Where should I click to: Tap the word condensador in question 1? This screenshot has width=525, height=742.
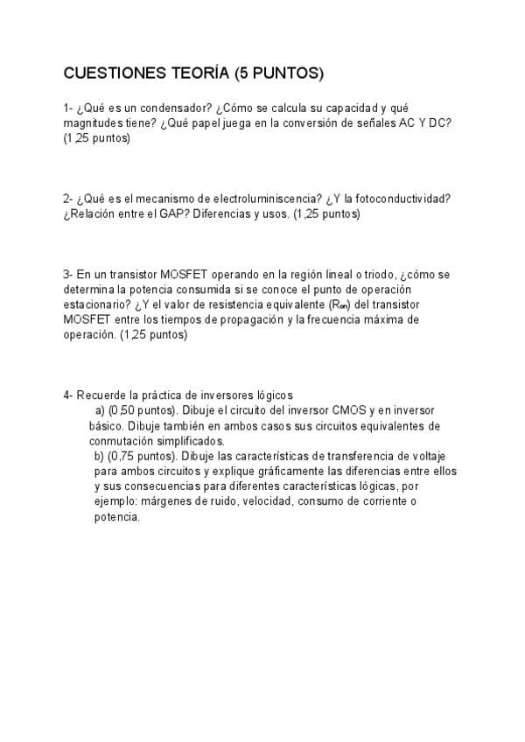[166, 108]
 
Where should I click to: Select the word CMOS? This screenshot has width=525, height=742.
[351, 409]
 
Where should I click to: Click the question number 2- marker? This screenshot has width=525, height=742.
[68, 199]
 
